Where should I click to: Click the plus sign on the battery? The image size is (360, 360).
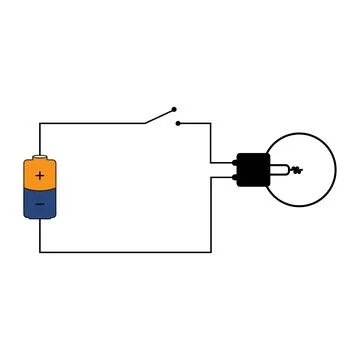(40, 176)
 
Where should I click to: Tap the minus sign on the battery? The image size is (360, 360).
(40, 204)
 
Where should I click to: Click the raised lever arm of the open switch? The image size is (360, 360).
(159, 116)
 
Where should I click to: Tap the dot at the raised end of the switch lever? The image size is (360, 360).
(173, 109)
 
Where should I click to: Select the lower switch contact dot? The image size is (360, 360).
(177, 124)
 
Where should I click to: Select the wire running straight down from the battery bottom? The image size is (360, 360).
(40, 236)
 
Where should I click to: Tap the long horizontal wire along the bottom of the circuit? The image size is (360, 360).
(125, 252)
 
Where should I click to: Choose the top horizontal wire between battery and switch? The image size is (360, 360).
(90, 124)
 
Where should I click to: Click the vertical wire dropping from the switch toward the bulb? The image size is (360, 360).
(211, 142)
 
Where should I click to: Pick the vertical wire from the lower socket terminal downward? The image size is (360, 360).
(211, 215)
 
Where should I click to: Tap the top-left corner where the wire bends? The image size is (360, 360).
(40, 124)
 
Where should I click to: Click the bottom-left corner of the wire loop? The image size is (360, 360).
(40, 252)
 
